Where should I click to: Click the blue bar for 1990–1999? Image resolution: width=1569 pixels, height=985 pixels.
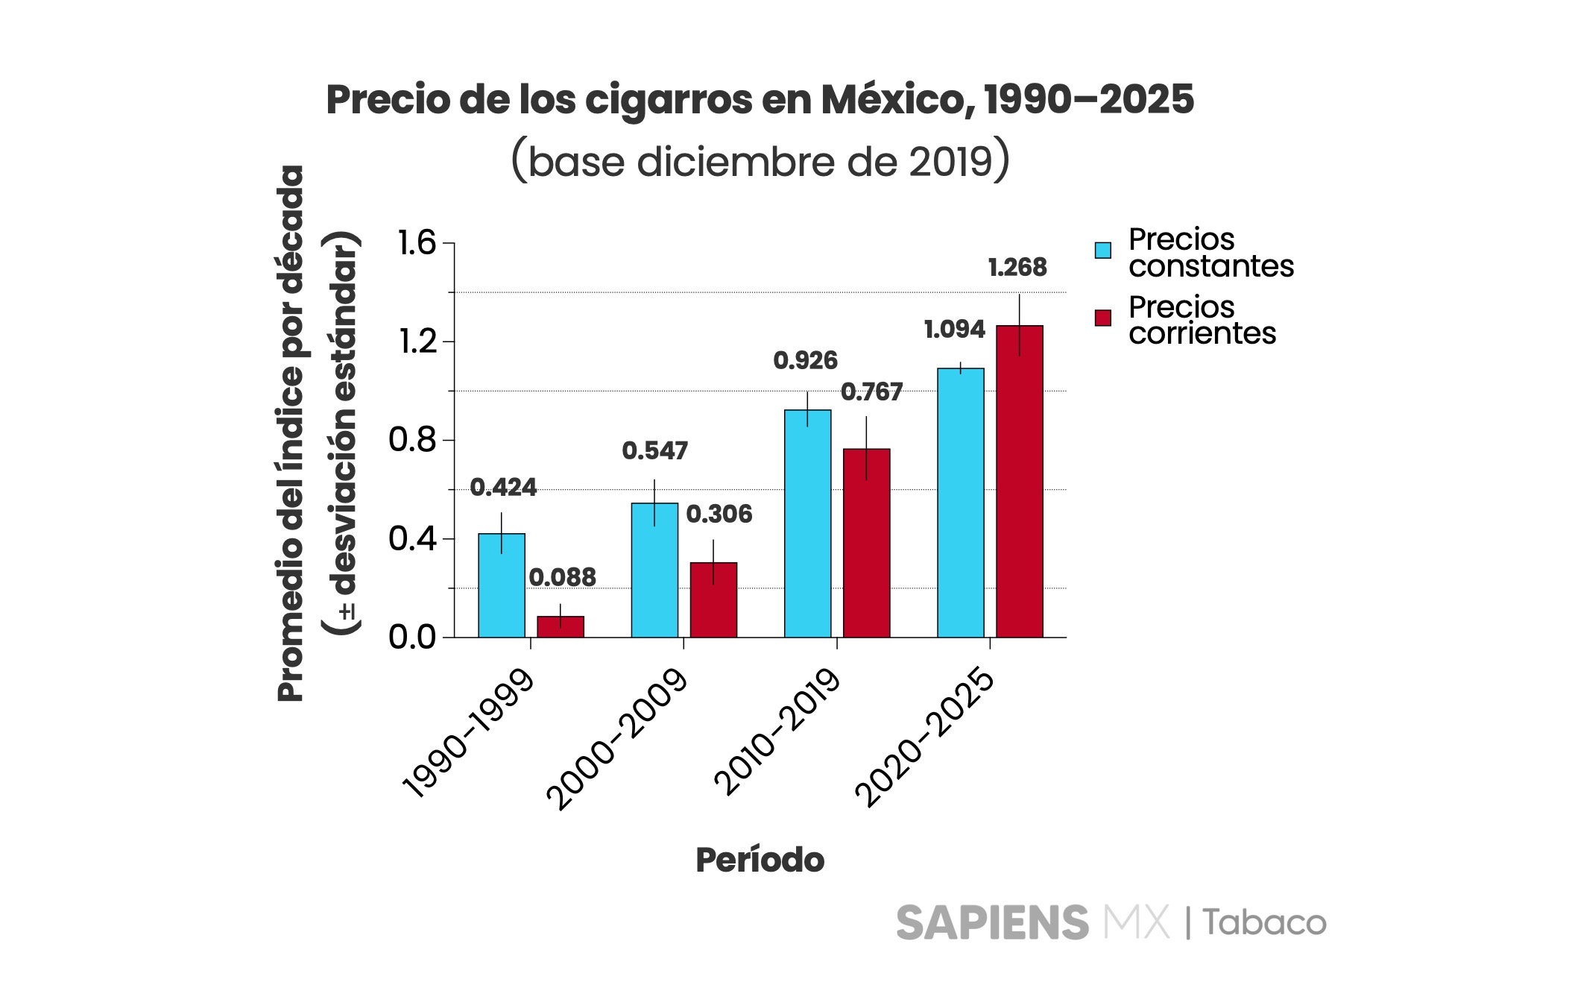501,585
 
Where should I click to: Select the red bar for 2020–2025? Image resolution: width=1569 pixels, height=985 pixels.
1019,482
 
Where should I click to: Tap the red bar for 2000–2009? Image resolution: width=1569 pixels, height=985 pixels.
713,600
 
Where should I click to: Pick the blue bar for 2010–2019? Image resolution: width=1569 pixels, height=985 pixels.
807,523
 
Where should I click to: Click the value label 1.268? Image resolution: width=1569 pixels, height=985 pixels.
1017,267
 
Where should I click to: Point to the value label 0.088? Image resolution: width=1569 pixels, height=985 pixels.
562,577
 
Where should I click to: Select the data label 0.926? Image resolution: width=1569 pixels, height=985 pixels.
805,361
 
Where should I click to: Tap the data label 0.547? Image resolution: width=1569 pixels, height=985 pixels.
654,450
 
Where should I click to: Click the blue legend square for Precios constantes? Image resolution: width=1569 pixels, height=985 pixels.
1102,251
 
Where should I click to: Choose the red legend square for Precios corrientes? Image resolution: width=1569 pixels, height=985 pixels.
1102,318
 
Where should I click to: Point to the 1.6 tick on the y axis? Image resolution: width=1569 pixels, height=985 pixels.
417,243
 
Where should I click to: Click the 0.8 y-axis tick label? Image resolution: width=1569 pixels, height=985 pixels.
412,440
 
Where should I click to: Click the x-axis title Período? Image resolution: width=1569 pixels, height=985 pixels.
760,860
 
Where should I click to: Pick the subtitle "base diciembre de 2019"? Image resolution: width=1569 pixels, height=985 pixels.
760,162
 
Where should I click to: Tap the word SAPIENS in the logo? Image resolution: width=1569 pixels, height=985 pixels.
991,923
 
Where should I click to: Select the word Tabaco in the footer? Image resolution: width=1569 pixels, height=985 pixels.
1264,923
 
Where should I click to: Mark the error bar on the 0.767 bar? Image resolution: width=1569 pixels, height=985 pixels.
866,447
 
